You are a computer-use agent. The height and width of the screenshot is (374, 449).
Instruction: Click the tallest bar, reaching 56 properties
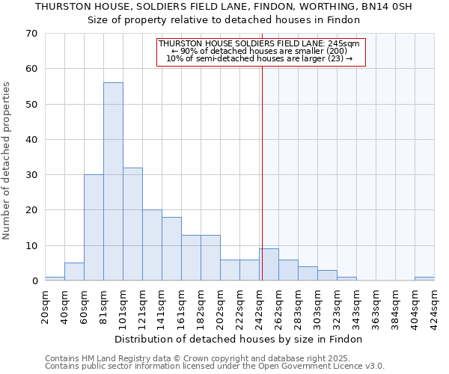[113, 182]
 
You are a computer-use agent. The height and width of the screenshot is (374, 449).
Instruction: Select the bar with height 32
[132, 224]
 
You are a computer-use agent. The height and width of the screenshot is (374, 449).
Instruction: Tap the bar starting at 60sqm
[94, 227]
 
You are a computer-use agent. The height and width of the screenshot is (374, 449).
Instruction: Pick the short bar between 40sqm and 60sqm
[74, 272]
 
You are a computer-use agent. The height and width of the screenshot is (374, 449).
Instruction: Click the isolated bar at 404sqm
[424, 279]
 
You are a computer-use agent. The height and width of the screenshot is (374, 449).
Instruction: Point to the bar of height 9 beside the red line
[269, 265]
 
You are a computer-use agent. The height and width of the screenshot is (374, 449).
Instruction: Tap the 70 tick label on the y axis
[31, 34]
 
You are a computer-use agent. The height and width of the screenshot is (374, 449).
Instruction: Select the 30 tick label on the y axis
[31, 175]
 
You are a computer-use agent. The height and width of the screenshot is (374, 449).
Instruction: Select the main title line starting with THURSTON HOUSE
[224, 7]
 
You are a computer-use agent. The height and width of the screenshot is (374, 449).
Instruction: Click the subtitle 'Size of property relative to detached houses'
[224, 20]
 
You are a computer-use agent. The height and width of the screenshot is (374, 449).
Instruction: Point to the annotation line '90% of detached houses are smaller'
[259, 51]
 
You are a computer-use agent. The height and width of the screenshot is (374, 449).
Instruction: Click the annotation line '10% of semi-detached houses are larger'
[259, 58]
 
